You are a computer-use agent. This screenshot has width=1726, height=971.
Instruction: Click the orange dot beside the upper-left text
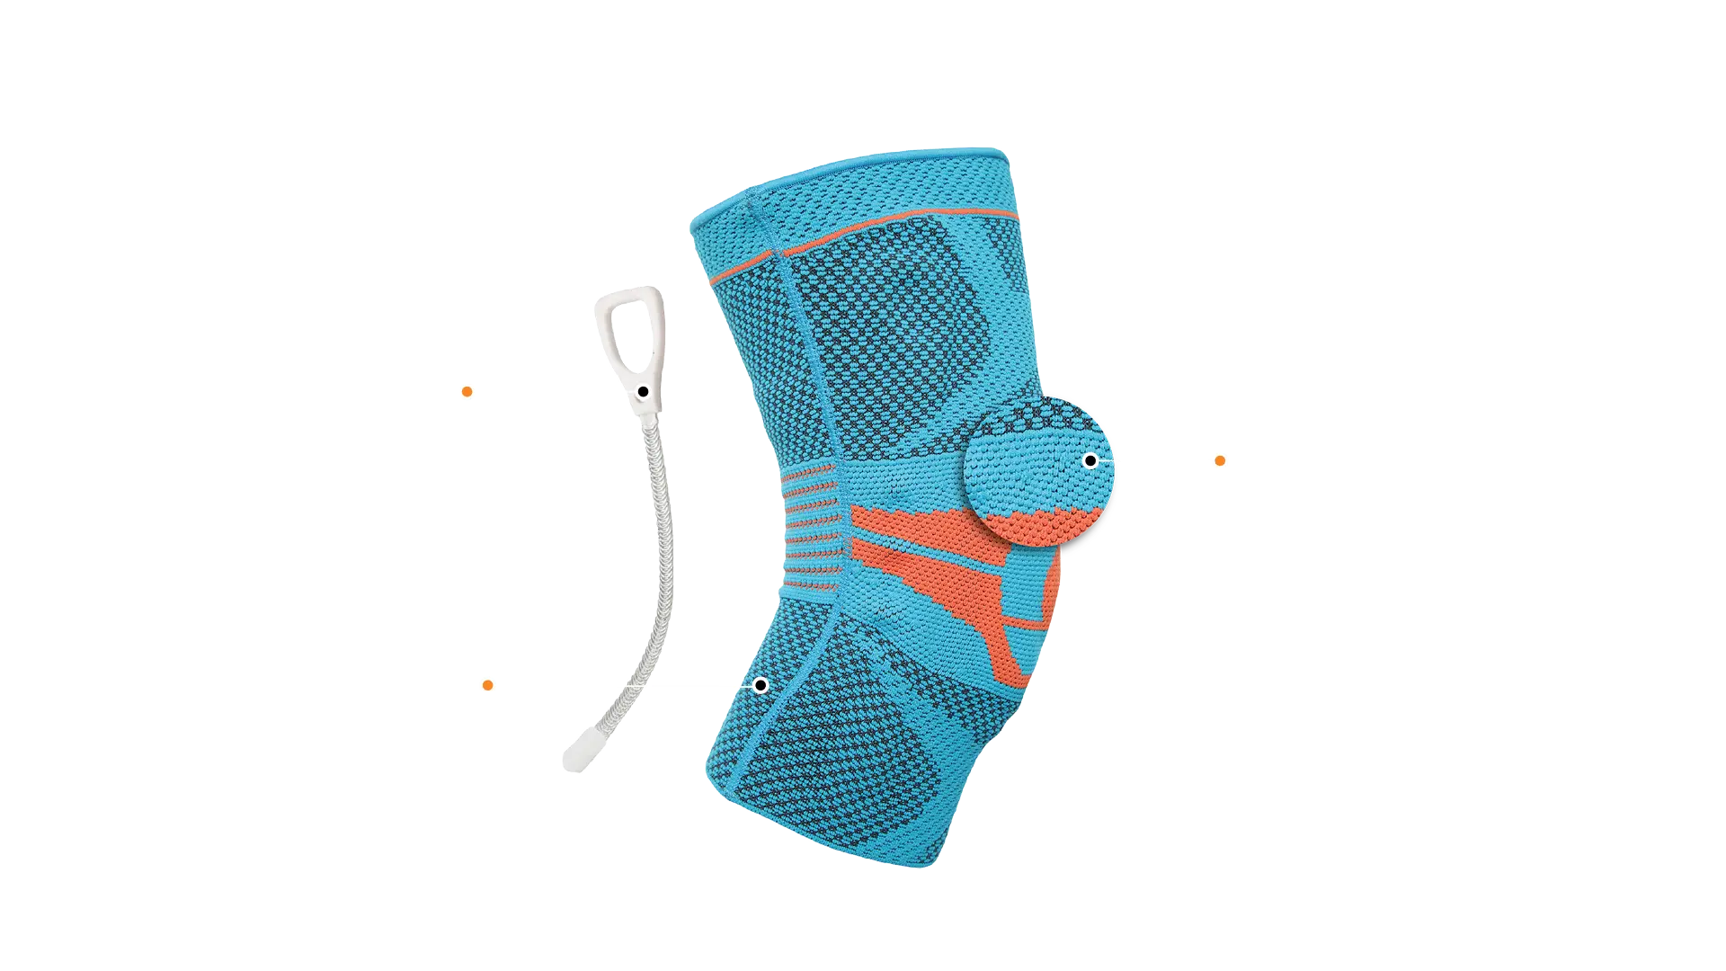(x=467, y=392)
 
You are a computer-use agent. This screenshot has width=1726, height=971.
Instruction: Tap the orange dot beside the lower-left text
(x=487, y=686)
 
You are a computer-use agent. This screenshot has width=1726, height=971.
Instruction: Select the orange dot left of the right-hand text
(x=1220, y=460)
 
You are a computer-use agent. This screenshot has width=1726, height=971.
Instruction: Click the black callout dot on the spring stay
(x=644, y=392)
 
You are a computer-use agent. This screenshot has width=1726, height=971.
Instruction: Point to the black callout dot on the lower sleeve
(x=761, y=685)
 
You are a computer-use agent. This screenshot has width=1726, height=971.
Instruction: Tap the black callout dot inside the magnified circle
(x=1090, y=460)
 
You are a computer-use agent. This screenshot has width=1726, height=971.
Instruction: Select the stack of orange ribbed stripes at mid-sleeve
(x=812, y=530)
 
